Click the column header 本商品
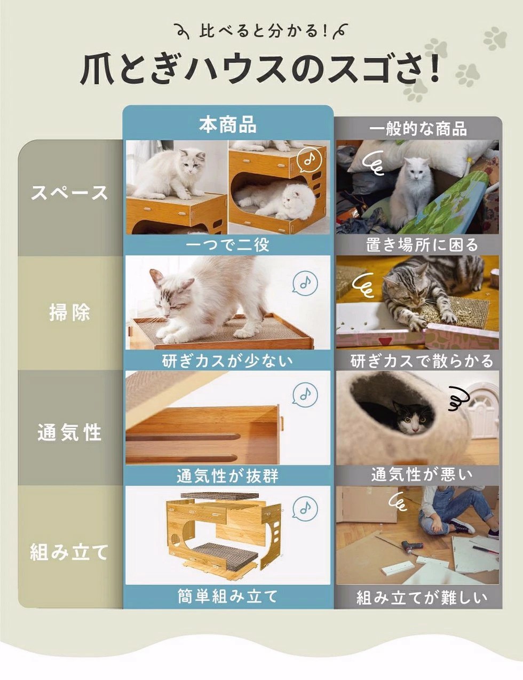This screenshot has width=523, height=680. [228, 125]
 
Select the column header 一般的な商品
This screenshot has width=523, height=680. [418, 128]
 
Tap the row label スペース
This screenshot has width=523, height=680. [69, 193]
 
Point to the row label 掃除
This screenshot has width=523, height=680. [70, 312]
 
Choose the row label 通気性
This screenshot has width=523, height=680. [69, 432]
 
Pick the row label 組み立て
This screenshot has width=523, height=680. [69, 552]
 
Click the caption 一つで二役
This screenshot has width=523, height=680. [227, 244]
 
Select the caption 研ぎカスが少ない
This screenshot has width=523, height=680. [227, 360]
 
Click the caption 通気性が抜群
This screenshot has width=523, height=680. [227, 476]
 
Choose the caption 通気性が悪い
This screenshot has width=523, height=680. [422, 475]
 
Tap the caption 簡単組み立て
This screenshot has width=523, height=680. [227, 596]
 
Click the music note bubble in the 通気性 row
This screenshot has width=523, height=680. [305, 395]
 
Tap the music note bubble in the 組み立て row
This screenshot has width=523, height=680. [305, 509]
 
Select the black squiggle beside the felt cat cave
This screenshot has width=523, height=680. [459, 398]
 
